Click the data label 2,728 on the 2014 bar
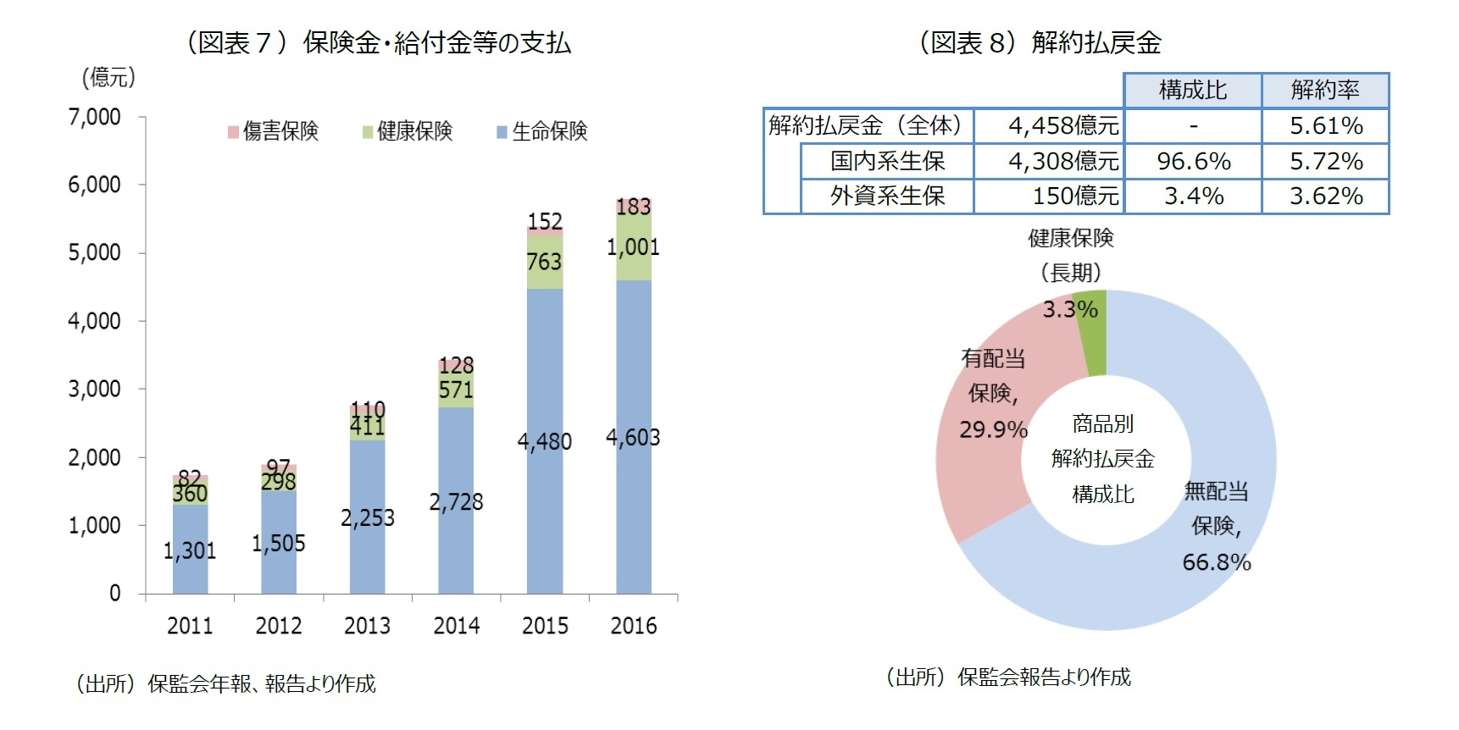pyautogui.click(x=456, y=502)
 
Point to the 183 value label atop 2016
pyautogui.click(x=633, y=207)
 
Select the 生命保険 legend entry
pyautogui.click(x=542, y=131)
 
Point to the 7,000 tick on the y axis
pyautogui.click(x=94, y=117)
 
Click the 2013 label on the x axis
pyautogui.click(x=367, y=626)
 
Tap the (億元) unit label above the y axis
pyautogui.click(x=108, y=78)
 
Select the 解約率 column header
pyautogui.click(x=1325, y=90)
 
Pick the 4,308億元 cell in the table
pyautogui.click(x=1062, y=161)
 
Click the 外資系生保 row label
pyautogui.click(x=887, y=196)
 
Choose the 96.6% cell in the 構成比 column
pyautogui.click(x=1193, y=161)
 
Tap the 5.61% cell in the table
pyautogui.click(x=1326, y=126)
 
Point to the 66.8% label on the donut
pyautogui.click(x=1217, y=562)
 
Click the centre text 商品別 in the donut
pyautogui.click(x=1102, y=423)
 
